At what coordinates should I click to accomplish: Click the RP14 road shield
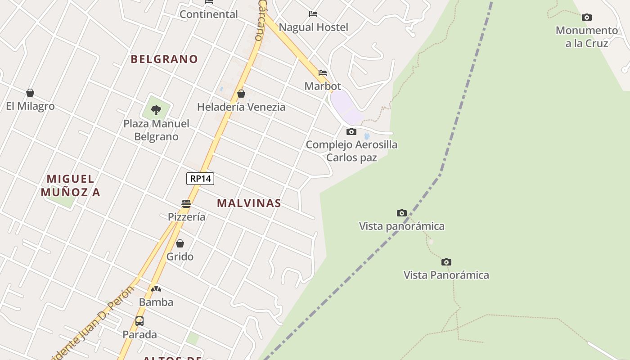pyautogui.click(x=200, y=179)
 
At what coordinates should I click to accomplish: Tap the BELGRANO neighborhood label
pyautogui.click(x=164, y=59)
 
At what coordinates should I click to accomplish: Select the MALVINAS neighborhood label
pyautogui.click(x=249, y=203)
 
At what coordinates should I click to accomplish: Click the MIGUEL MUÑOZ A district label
pyautogui.click(x=71, y=185)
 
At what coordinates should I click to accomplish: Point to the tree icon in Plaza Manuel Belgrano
pyautogui.click(x=156, y=110)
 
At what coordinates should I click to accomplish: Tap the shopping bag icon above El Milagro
pyautogui.click(x=30, y=93)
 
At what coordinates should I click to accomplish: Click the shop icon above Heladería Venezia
pyautogui.click(x=241, y=94)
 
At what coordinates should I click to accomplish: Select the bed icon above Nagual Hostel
pyautogui.click(x=313, y=14)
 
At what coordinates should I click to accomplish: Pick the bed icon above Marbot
pyautogui.click(x=323, y=73)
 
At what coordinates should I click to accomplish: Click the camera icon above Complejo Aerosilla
pyautogui.click(x=351, y=131)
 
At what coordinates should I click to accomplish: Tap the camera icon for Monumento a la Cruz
pyautogui.click(x=587, y=18)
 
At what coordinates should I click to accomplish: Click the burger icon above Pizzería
pyautogui.click(x=186, y=204)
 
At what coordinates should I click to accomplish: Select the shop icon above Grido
pyautogui.click(x=180, y=243)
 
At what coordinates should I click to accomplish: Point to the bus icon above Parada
pyautogui.click(x=139, y=321)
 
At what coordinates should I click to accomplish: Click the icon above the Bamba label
pyautogui.click(x=156, y=289)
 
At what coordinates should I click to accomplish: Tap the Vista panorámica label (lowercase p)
pyautogui.click(x=401, y=226)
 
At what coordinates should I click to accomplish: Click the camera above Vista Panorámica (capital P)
pyautogui.click(x=446, y=262)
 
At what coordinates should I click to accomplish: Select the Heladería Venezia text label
pyautogui.click(x=241, y=107)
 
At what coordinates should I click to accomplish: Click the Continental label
pyautogui.click(x=209, y=14)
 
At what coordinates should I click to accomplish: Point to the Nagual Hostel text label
pyautogui.click(x=313, y=27)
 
